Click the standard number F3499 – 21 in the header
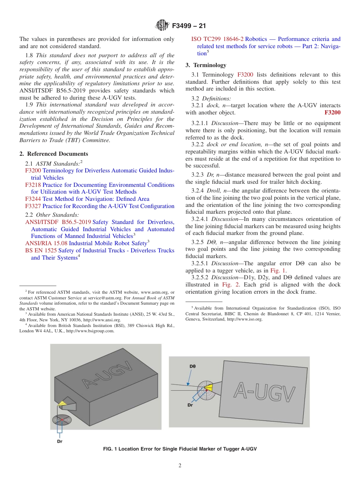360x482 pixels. (189, 26)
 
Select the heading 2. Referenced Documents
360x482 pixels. (54, 154)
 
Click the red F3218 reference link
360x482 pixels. (33, 185)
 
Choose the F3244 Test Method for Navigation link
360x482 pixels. (87, 199)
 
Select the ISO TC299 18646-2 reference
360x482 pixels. (217, 39)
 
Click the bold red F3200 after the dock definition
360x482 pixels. (332, 113)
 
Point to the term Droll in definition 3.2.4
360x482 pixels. (214, 191)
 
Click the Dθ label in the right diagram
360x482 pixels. (193, 366)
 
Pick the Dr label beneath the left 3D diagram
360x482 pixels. (59, 441)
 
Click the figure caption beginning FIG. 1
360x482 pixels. (180, 449)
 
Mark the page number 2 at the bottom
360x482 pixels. (180, 466)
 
